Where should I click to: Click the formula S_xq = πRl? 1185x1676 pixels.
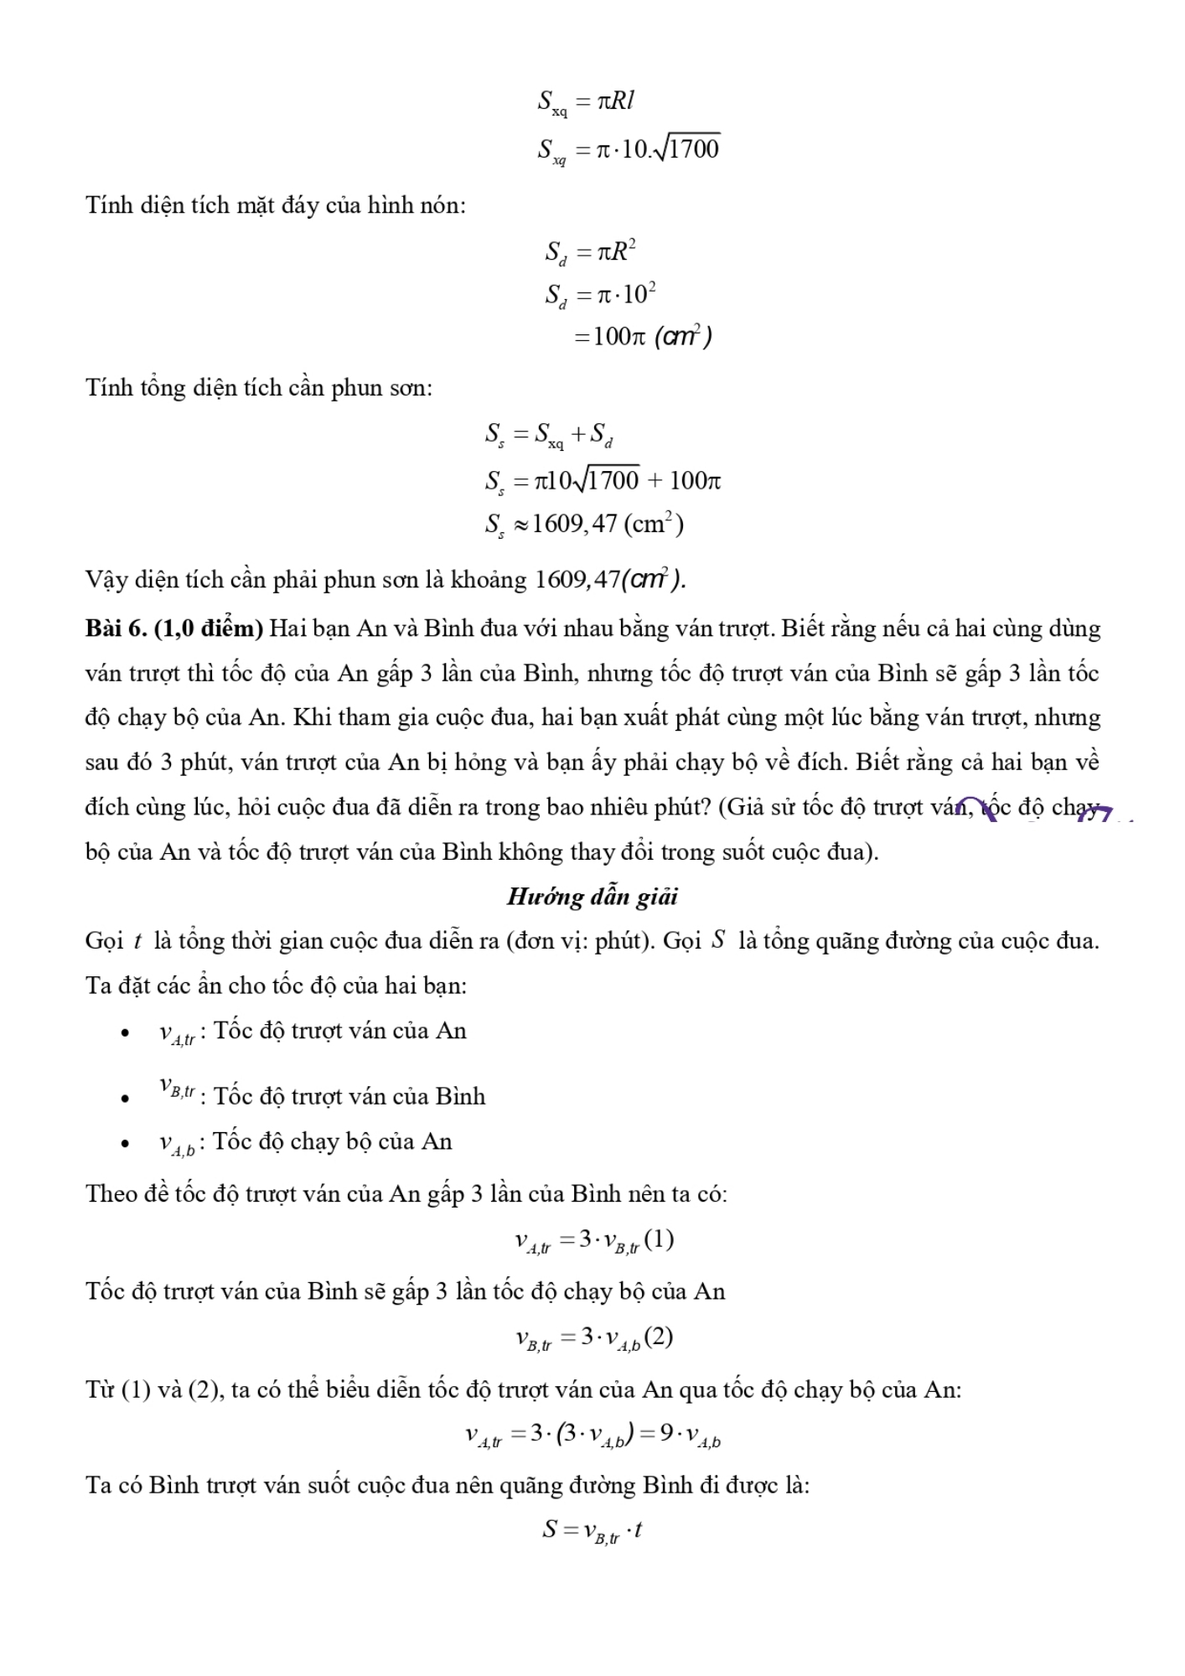point(586,102)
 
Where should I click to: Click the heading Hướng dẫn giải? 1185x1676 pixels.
point(592,897)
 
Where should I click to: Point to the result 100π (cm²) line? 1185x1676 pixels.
point(642,337)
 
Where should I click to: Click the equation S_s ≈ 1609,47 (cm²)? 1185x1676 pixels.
point(584,525)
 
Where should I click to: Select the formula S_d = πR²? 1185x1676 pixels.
point(591,251)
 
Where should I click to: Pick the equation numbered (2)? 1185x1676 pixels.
point(593,1338)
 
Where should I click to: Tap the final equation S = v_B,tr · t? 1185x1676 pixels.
point(592,1530)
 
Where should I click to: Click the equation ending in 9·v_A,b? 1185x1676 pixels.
point(592,1435)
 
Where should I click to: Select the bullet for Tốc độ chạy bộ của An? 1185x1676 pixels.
point(125,1144)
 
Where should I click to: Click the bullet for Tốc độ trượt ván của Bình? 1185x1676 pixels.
point(125,1098)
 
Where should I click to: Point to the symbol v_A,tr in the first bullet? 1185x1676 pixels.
point(177,1033)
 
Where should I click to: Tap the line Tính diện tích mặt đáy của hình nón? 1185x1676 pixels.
point(276,205)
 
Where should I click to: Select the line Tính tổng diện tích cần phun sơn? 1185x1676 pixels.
point(259,388)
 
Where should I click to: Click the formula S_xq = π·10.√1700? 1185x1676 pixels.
point(629,149)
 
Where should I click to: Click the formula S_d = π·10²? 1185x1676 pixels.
point(600,294)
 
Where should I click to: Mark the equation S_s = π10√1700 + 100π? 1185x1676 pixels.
point(602,481)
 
